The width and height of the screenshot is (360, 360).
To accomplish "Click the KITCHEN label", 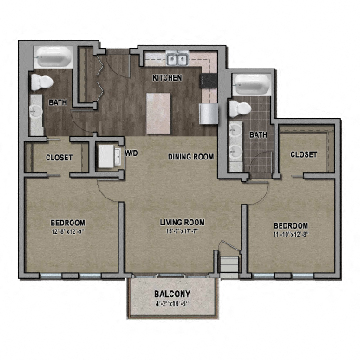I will [166, 76].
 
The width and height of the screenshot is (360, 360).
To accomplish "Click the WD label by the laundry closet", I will [131, 153].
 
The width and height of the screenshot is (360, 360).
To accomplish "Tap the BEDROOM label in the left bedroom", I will [69, 221].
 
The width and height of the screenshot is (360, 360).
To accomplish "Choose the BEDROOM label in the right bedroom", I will [290, 226].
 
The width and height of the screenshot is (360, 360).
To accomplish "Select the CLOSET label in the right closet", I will [304, 154].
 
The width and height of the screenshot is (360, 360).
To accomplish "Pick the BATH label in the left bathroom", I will [58, 102].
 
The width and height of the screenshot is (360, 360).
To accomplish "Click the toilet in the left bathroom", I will [43, 82].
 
